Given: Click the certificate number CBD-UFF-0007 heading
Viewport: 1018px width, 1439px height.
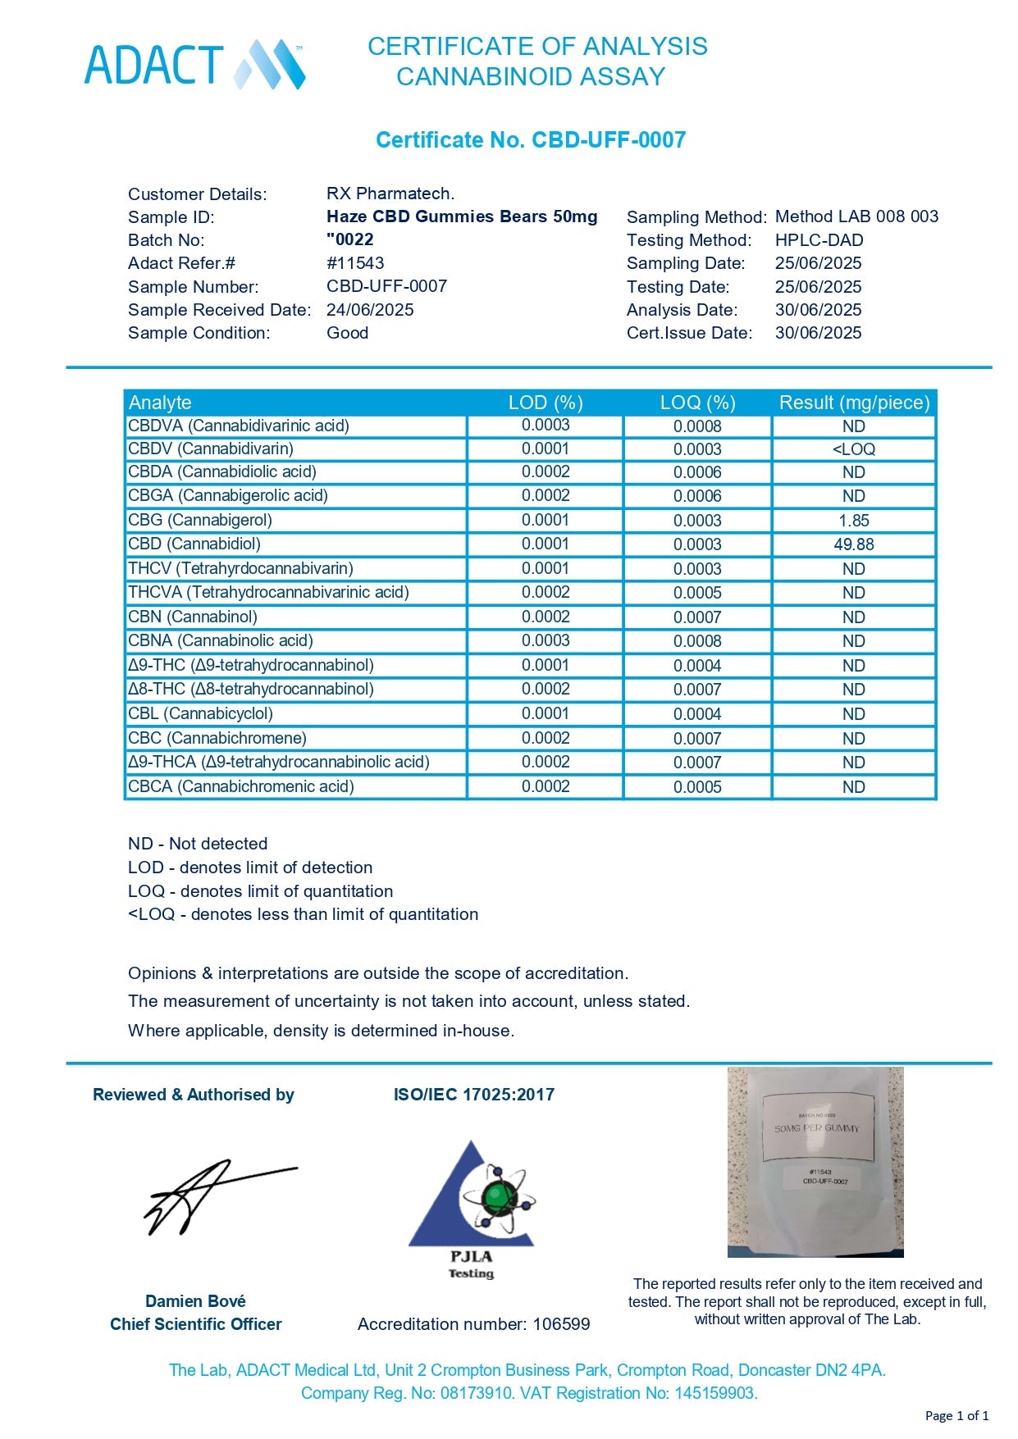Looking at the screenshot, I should click(530, 140).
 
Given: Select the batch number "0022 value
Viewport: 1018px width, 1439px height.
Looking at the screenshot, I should click(350, 239).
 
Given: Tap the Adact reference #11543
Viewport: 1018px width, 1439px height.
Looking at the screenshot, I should click(355, 263).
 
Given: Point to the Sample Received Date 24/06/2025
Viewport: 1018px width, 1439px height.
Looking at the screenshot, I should click(370, 310).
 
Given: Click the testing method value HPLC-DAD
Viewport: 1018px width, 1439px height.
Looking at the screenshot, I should click(819, 240).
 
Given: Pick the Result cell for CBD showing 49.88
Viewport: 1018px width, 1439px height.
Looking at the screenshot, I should click(853, 544).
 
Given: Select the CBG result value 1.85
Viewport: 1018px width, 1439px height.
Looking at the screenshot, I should click(853, 521).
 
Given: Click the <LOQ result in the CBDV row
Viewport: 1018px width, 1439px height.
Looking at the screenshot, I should click(853, 449).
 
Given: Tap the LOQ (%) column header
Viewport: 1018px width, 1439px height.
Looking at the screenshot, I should click(697, 403).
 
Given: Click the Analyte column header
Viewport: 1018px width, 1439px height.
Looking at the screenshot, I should click(160, 403).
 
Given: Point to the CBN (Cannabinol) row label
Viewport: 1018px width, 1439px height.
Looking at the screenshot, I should click(193, 617).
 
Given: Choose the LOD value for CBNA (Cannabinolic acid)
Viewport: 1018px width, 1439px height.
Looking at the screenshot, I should click(546, 640).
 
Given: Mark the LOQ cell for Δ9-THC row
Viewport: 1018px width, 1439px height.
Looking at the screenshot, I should click(697, 666).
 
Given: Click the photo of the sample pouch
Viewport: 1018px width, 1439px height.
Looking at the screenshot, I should click(815, 1162).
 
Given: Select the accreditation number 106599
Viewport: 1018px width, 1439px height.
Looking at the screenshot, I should click(561, 1324).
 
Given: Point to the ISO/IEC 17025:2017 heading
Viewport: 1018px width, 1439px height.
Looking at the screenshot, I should click(474, 1095).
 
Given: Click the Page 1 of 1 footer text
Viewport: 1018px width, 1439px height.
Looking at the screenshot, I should click(956, 1415).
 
